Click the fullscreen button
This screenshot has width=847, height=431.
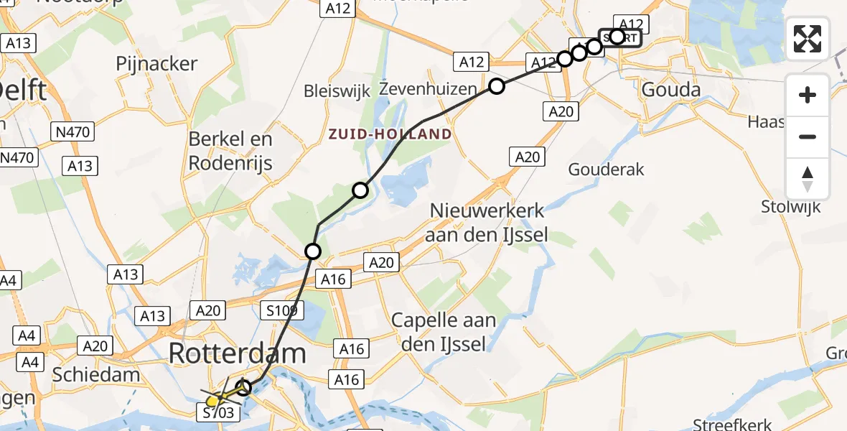pyautogui.click(x=808, y=39)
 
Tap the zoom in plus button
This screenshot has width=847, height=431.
pyautogui.click(x=808, y=95)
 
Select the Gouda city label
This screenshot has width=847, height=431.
pyautogui.click(x=670, y=91)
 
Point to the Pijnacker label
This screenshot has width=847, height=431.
pyautogui.click(x=156, y=64)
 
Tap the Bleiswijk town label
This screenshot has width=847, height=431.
pyautogui.click(x=337, y=91)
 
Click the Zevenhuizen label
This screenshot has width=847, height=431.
pyautogui.click(x=428, y=90)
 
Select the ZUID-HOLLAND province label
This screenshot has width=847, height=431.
pyautogui.click(x=390, y=134)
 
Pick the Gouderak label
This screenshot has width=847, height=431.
pyautogui.click(x=606, y=170)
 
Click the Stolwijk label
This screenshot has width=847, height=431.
pyautogui.click(x=790, y=208)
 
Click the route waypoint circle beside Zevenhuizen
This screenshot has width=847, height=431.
pyautogui.click(x=497, y=87)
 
